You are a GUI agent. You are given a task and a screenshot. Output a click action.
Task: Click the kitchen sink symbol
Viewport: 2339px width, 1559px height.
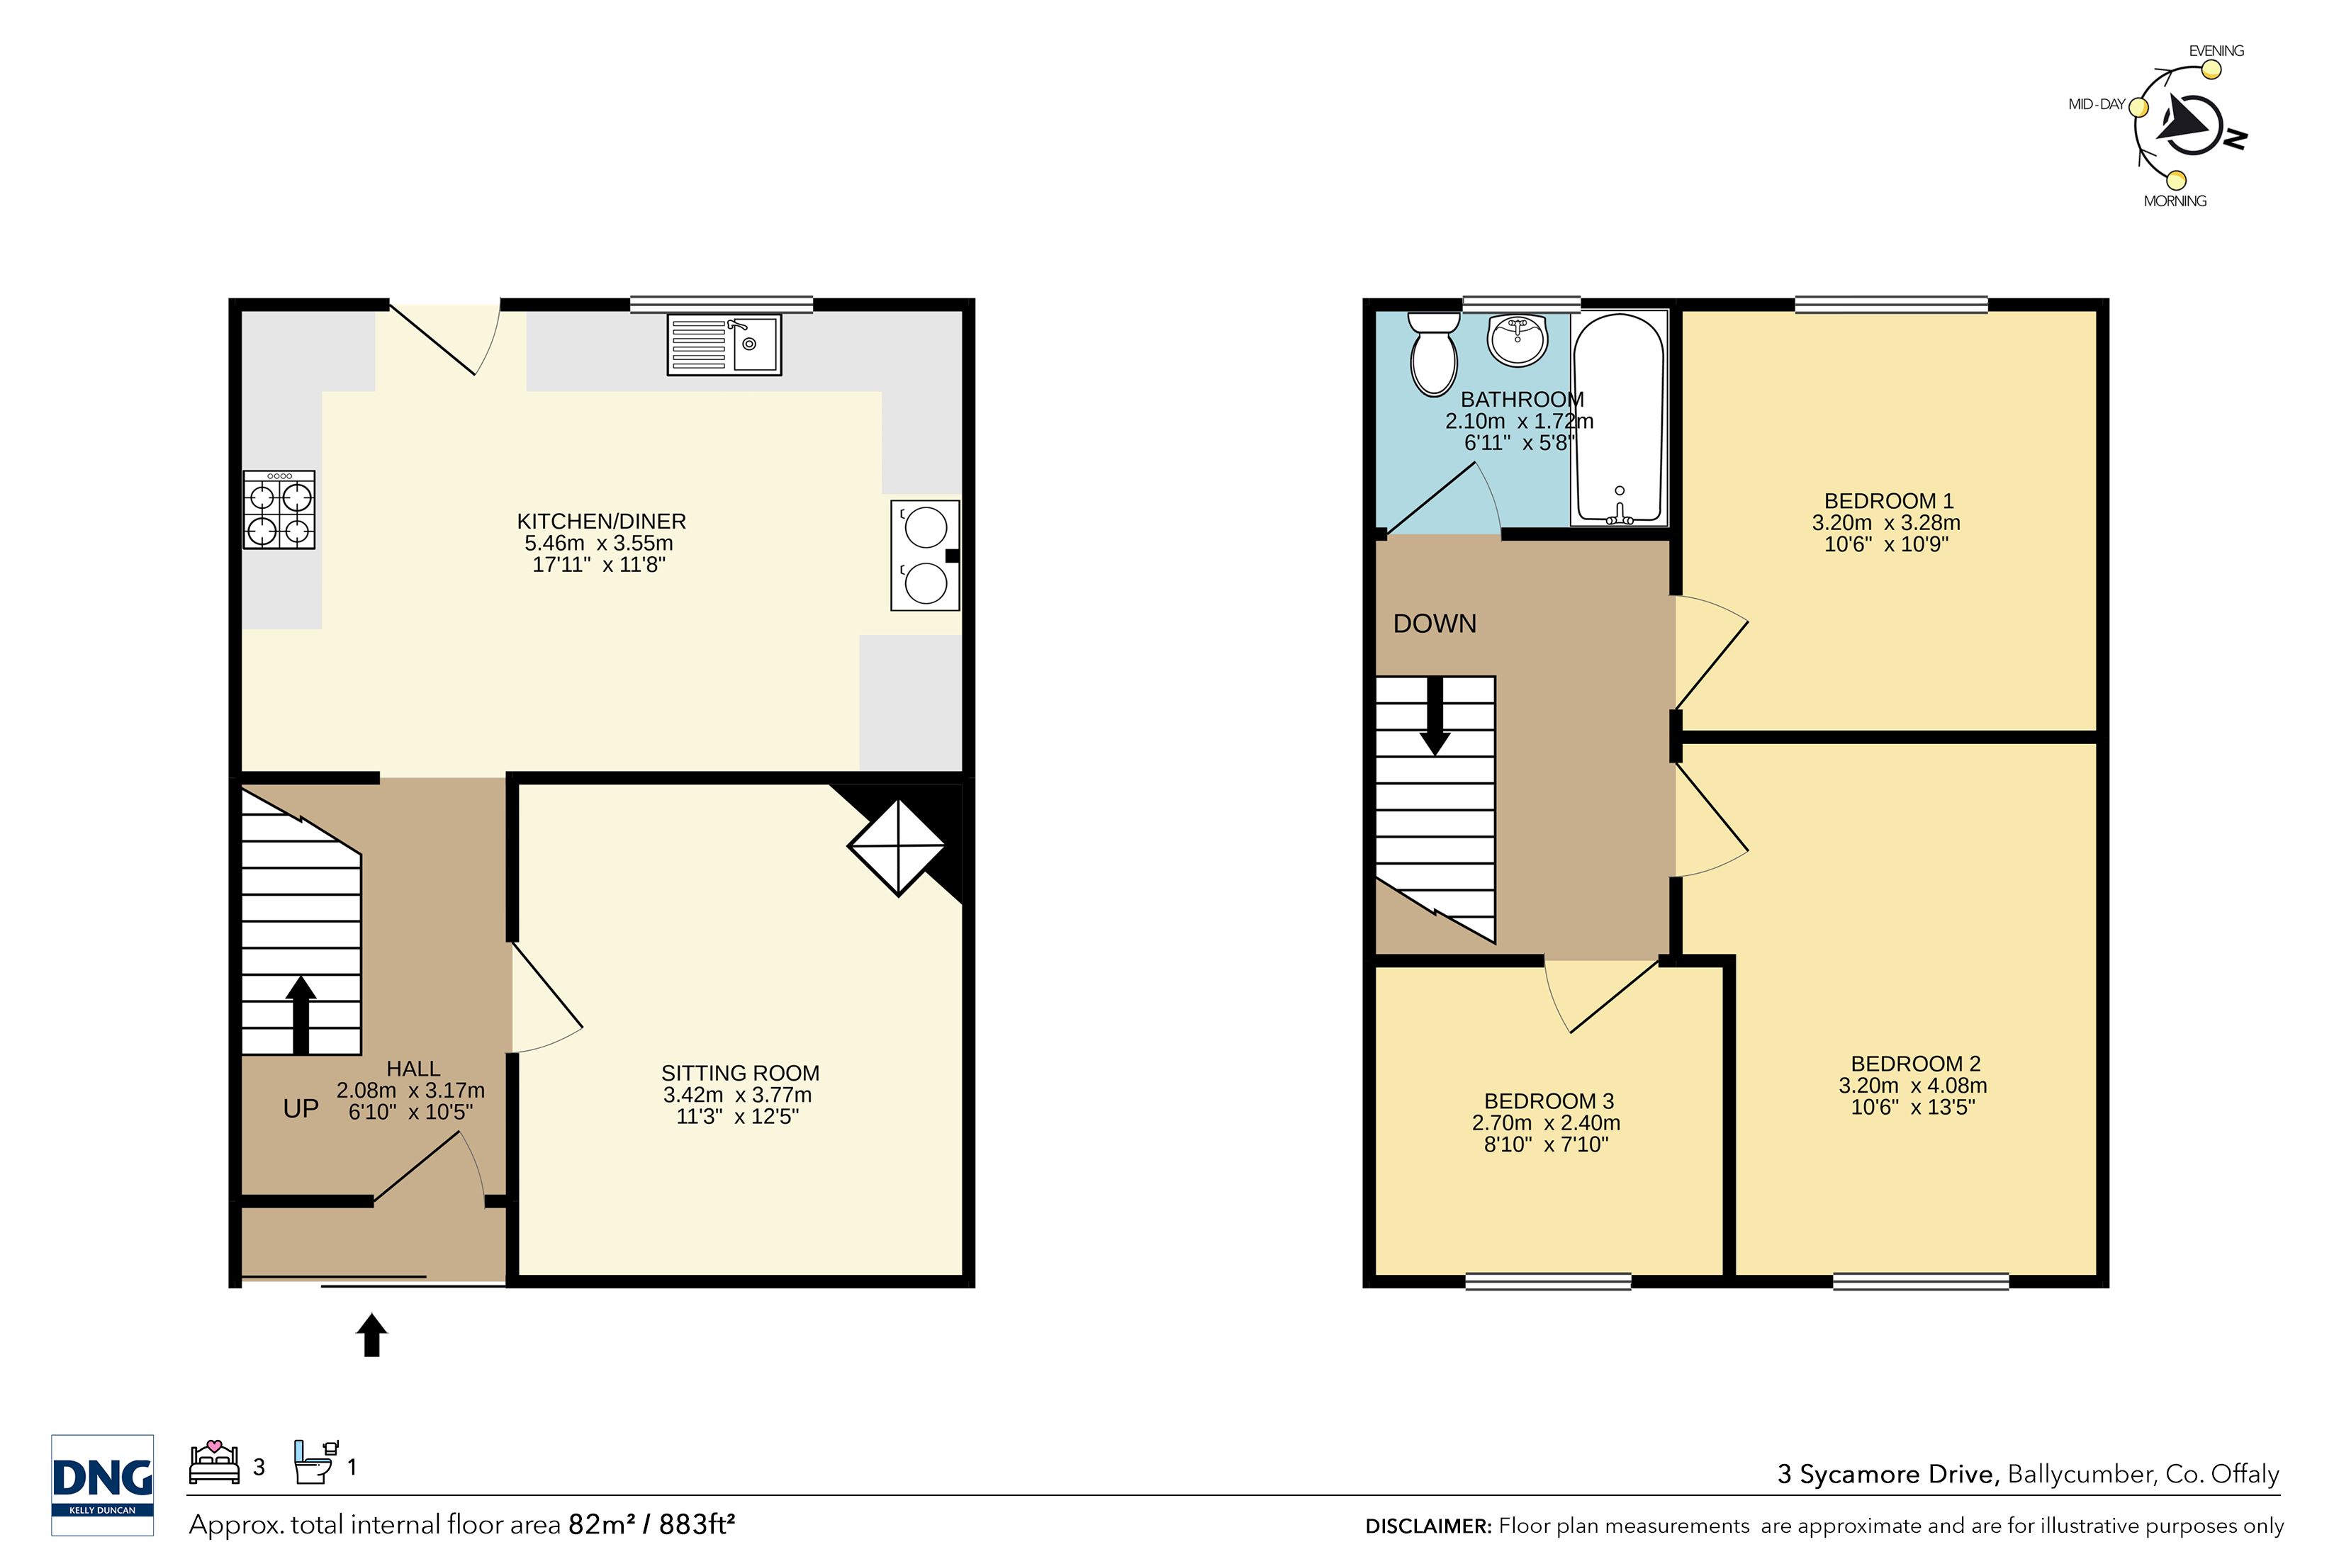click(x=724, y=344)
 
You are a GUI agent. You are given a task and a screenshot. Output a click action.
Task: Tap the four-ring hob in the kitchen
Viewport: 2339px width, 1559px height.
click(x=279, y=510)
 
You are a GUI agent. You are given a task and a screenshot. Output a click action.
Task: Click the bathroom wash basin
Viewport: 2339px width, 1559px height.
click(x=1517, y=340)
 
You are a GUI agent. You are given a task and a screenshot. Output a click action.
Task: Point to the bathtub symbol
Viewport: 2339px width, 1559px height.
click(x=1619, y=419)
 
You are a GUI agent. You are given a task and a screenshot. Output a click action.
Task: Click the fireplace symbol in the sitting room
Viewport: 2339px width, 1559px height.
click(x=897, y=847)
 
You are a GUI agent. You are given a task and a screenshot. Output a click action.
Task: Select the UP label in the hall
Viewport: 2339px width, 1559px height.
click(x=301, y=1108)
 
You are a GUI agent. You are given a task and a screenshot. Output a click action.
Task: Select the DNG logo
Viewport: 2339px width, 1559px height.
click(x=103, y=1485)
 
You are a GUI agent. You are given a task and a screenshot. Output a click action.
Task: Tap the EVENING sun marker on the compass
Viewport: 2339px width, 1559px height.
click(x=2211, y=69)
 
